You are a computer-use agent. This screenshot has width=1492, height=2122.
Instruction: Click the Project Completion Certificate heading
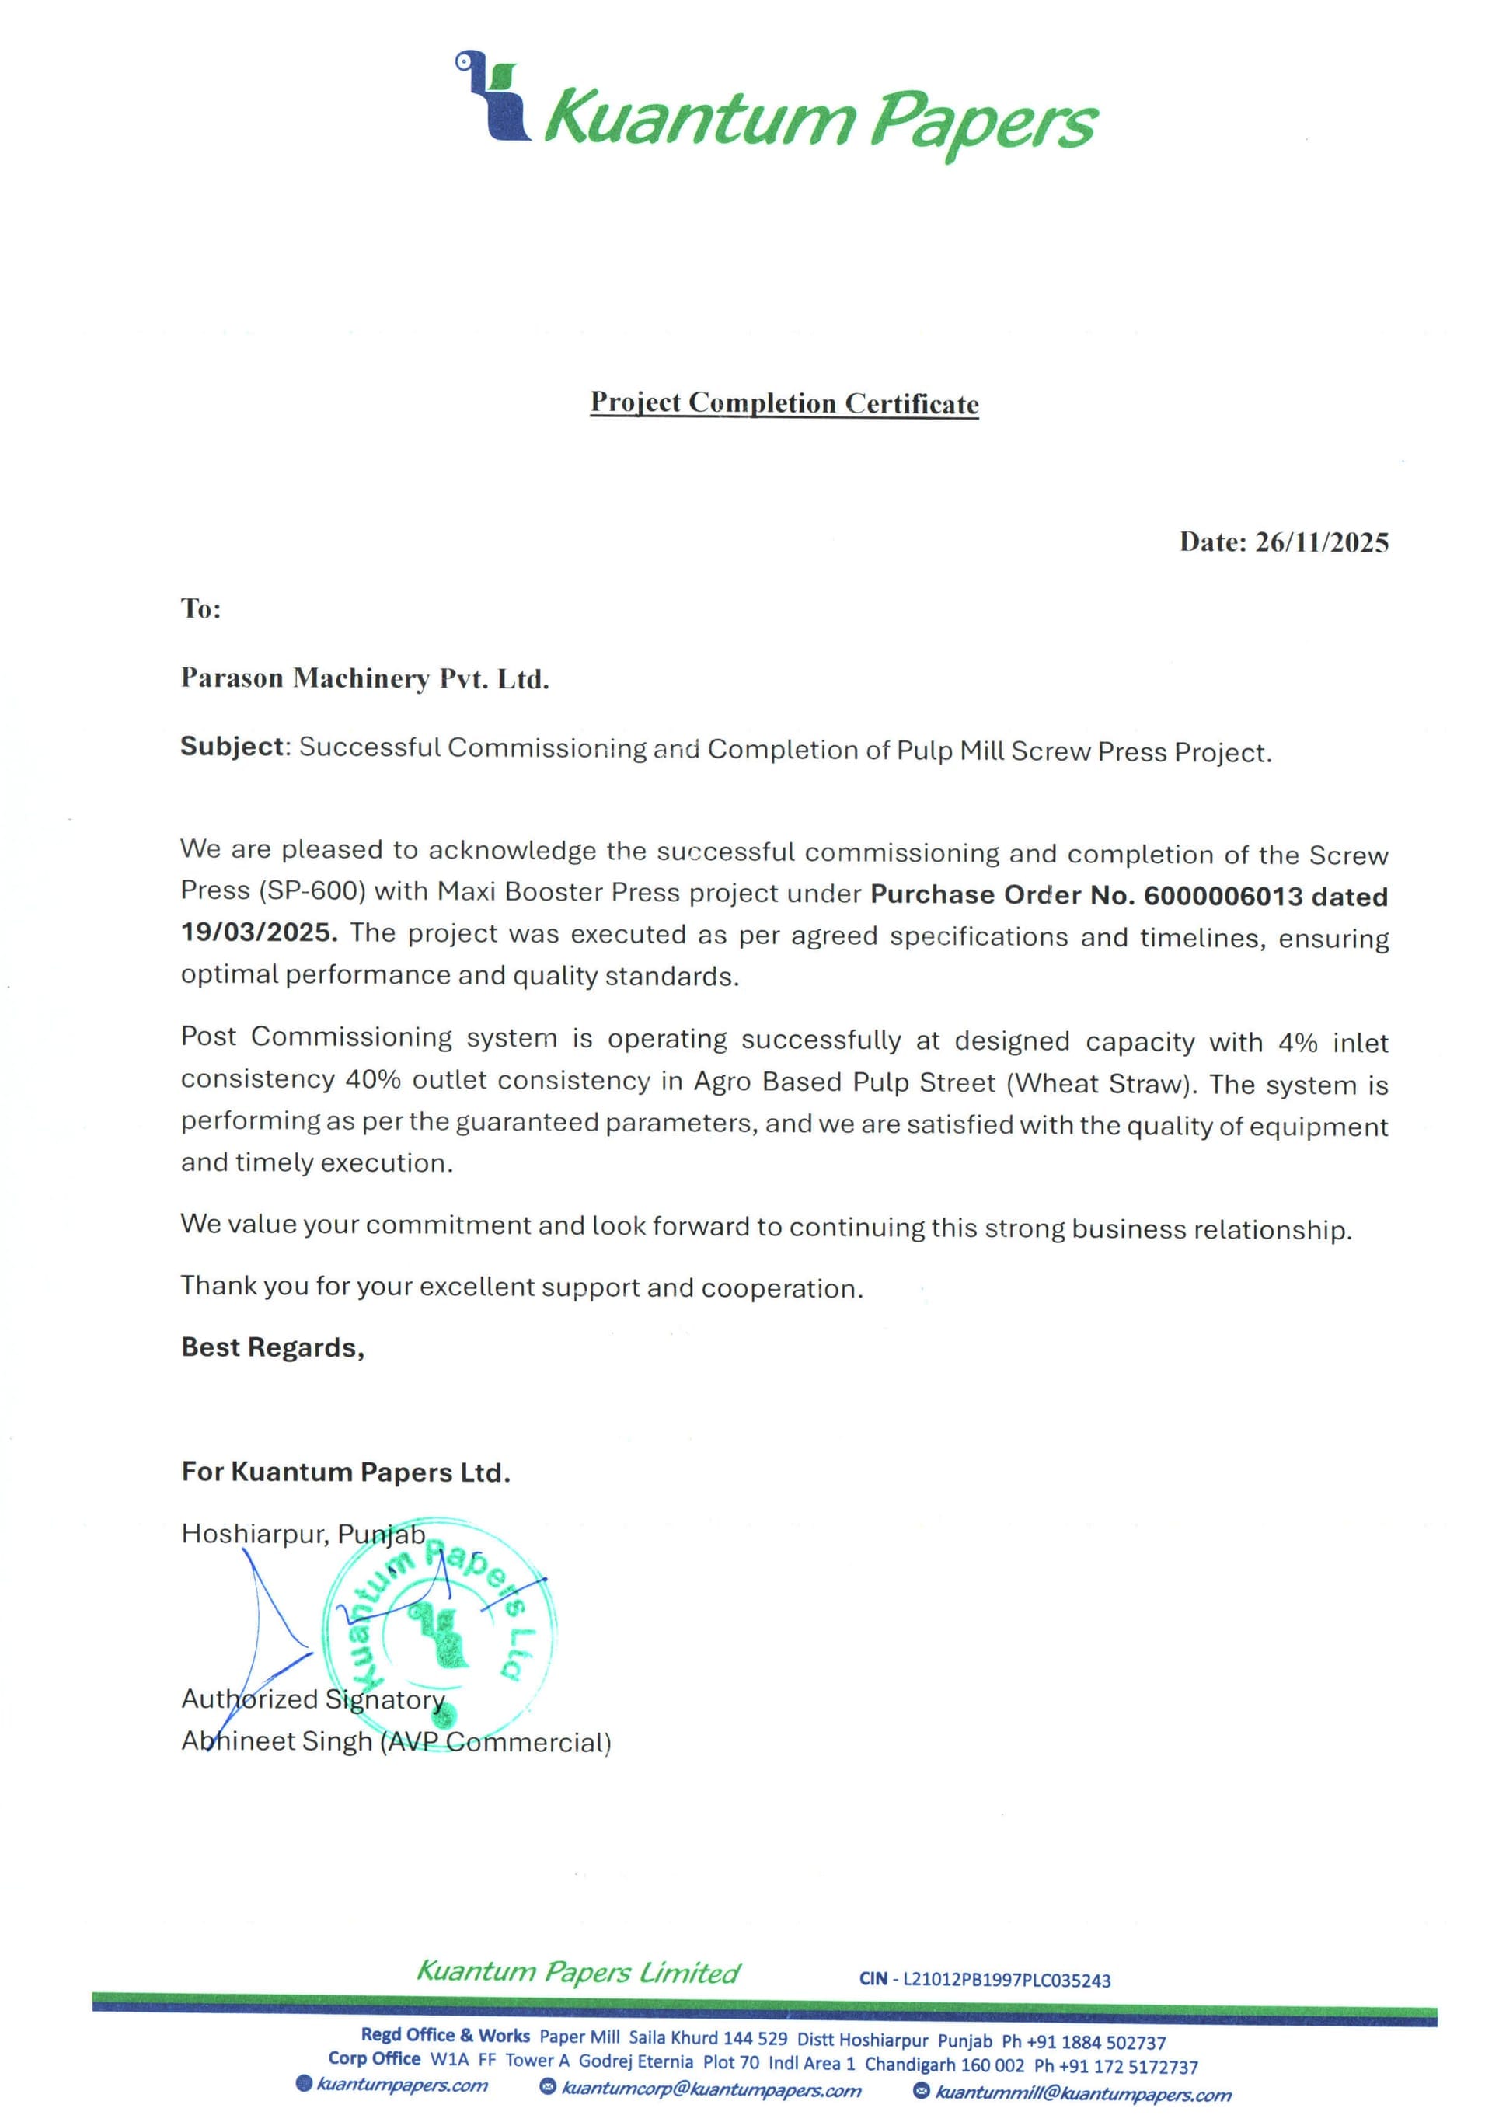pyautogui.click(x=784, y=403)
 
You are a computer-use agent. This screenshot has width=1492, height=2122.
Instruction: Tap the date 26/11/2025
pyautogui.click(x=1321, y=542)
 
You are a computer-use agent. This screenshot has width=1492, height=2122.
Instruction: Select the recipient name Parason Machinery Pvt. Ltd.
pyautogui.click(x=365, y=679)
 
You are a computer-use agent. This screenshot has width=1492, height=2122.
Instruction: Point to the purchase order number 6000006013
pyautogui.click(x=1222, y=896)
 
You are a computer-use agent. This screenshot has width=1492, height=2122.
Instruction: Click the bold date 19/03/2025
pyautogui.click(x=258, y=932)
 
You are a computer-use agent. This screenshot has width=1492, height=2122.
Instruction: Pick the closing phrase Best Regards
pyautogui.click(x=273, y=1347)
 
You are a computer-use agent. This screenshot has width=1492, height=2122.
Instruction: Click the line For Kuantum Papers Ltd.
pyautogui.click(x=346, y=1472)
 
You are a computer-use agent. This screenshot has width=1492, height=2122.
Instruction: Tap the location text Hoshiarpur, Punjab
pyautogui.click(x=303, y=1535)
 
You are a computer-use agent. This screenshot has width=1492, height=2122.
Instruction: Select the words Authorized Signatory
pyautogui.click(x=312, y=1699)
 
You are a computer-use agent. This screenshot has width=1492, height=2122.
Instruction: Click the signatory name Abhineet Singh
pyautogui.click(x=277, y=1741)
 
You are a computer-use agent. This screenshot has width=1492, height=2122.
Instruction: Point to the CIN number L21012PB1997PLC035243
pyautogui.click(x=1006, y=1980)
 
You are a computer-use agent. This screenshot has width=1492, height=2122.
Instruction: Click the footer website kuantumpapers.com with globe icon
pyautogui.click(x=401, y=2085)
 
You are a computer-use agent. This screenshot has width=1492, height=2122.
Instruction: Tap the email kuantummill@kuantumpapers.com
pyautogui.click(x=1082, y=2093)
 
